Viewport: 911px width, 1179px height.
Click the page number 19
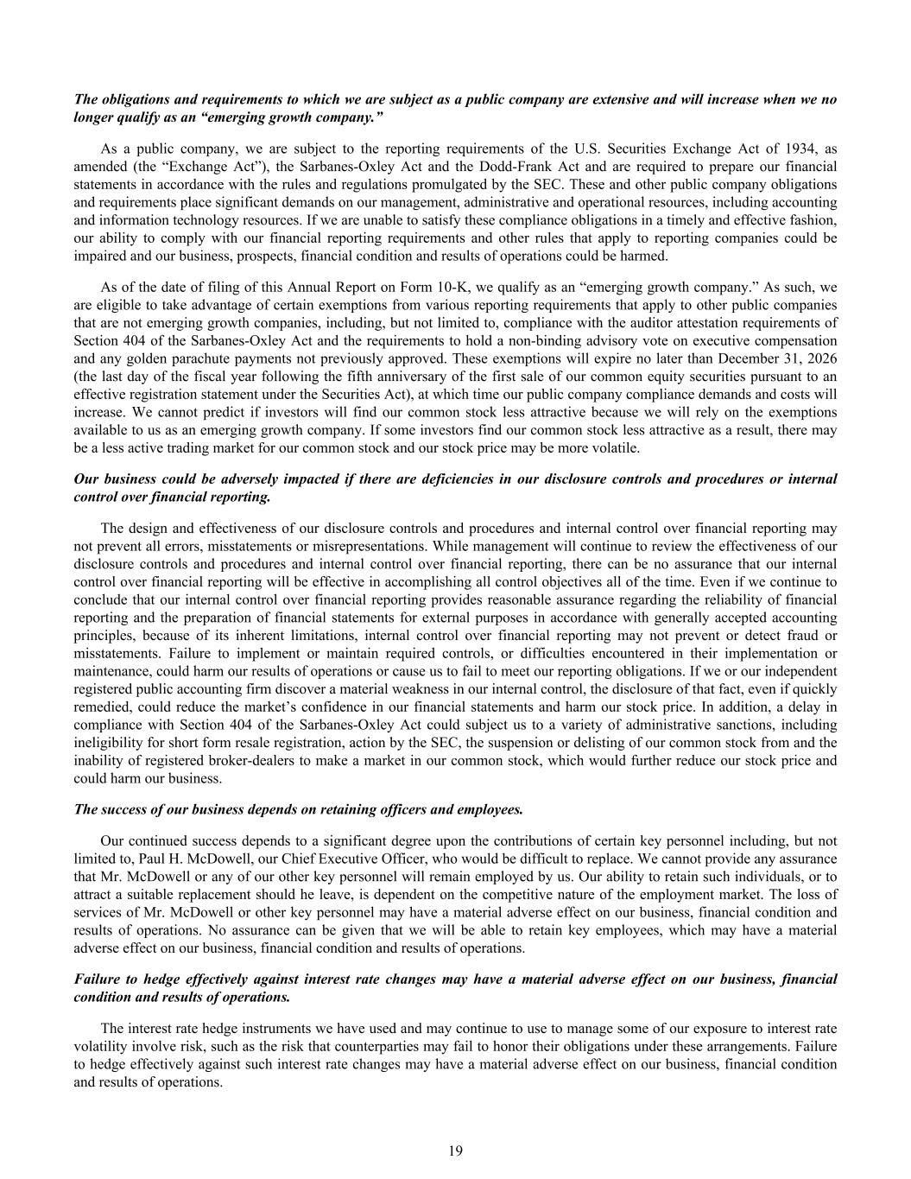tap(456, 1150)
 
